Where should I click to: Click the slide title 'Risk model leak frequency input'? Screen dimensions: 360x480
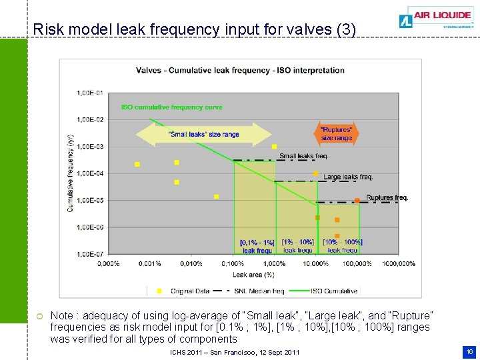(194, 30)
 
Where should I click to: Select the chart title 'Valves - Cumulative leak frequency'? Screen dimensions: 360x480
(240, 71)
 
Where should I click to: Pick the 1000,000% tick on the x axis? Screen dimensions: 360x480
(398, 264)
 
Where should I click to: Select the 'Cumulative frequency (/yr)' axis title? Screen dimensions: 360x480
(70, 173)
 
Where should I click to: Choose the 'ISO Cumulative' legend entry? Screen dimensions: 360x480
(333, 291)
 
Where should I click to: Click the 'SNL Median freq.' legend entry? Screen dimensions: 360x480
(260, 291)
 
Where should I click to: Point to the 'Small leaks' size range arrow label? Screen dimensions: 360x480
(203, 135)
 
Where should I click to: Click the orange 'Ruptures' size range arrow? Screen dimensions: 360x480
(336, 134)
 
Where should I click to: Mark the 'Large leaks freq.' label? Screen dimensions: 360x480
(348, 177)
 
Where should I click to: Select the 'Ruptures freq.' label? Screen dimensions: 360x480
(387, 198)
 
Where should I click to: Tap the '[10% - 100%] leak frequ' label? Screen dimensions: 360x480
(343, 246)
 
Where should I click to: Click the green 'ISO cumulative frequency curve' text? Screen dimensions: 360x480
(171, 107)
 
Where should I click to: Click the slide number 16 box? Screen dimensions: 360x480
(469, 351)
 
